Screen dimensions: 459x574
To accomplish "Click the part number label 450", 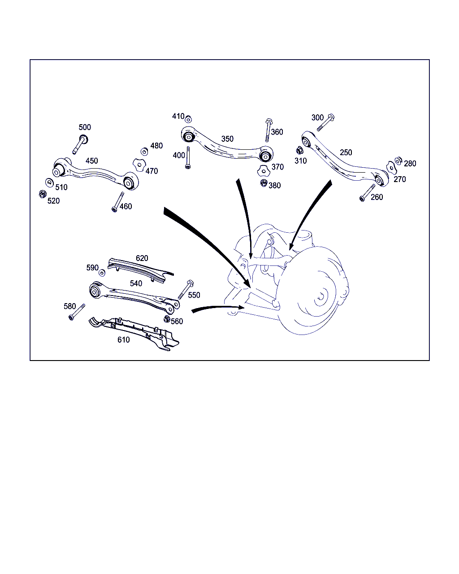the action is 91,161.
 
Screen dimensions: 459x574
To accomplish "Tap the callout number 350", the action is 227,139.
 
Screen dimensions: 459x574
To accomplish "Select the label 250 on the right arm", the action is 346,152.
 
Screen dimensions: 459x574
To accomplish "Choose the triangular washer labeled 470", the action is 139,165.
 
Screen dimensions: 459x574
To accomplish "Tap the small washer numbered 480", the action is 144,152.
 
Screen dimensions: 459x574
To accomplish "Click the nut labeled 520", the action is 43,194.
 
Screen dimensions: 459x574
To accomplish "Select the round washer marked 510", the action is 49,183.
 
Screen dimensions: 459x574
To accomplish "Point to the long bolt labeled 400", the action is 188,157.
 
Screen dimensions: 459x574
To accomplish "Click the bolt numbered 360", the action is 268,130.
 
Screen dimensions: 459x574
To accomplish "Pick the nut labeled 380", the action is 264,183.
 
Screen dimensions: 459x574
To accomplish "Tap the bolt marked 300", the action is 325,122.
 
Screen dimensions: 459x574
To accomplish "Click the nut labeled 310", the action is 299,151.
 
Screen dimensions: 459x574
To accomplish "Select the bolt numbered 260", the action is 367,193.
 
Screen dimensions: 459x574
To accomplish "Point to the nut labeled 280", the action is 398,161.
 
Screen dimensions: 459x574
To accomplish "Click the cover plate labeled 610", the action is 134,333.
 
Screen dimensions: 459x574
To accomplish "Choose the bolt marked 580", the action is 77,312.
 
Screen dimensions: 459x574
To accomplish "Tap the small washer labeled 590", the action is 102,273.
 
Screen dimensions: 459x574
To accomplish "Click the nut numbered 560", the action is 167,319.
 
